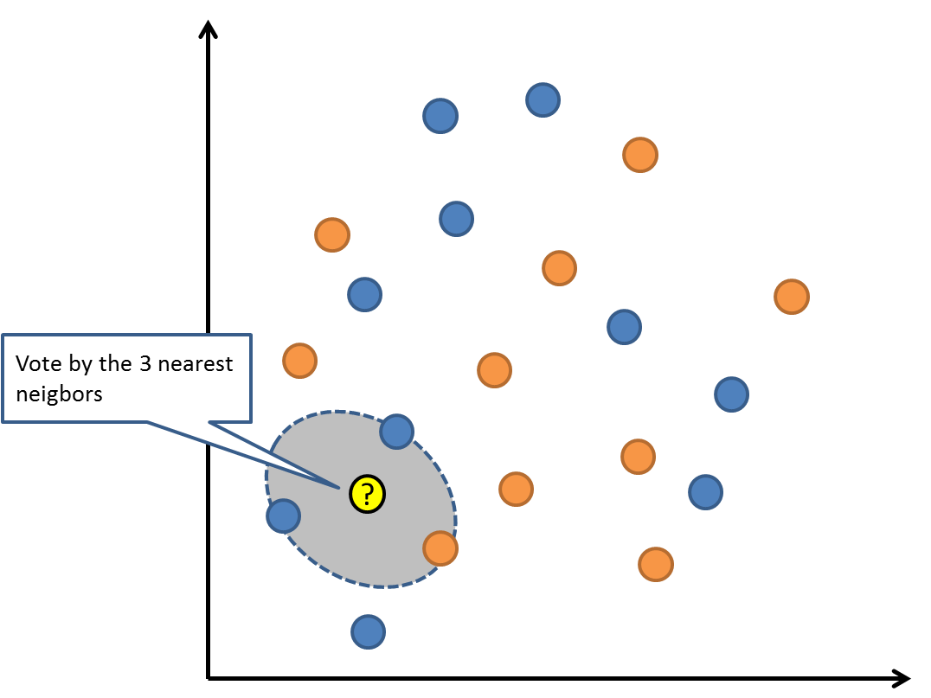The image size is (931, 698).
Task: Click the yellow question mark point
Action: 367,495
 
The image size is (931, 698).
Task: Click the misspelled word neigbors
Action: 59,394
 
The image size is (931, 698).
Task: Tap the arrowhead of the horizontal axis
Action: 902,677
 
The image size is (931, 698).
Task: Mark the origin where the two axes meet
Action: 209,677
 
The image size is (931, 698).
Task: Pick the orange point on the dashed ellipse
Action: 440,548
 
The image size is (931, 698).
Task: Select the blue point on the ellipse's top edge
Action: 396,431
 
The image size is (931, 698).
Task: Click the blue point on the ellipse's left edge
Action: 283,516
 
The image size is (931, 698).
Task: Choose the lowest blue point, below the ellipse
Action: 368,632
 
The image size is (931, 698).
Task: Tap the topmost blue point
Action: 543,100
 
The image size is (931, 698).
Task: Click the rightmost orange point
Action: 791,297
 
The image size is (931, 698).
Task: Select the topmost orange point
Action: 640,155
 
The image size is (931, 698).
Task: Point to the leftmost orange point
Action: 299,361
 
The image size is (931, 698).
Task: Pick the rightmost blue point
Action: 731,394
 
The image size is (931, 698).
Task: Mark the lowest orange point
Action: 656,564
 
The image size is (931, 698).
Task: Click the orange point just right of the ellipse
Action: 516,489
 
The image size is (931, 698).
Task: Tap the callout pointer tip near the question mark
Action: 339,486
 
